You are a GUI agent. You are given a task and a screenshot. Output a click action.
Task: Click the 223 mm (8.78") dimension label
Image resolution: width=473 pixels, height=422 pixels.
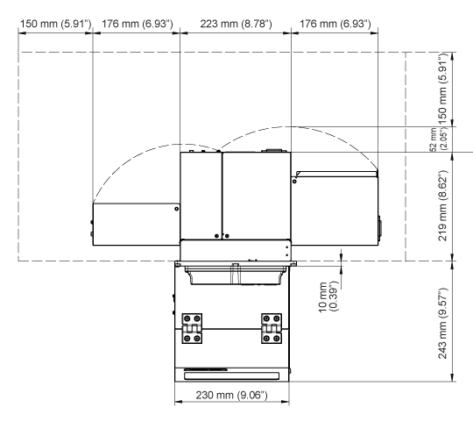(x=236, y=24)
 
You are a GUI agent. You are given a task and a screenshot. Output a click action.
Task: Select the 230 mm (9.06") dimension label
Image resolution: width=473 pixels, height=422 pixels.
(x=231, y=395)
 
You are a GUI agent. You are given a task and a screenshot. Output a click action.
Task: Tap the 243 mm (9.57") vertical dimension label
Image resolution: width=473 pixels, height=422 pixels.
(x=442, y=323)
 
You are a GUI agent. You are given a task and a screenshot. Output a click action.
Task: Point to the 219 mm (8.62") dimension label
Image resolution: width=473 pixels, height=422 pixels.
(x=442, y=205)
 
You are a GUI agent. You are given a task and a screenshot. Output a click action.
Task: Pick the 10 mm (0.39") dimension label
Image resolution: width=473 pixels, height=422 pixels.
(x=328, y=297)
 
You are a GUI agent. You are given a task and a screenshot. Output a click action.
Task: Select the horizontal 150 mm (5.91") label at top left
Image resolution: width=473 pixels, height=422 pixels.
(x=55, y=24)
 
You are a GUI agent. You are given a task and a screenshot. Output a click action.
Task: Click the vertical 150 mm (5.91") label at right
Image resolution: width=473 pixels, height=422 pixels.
(x=442, y=89)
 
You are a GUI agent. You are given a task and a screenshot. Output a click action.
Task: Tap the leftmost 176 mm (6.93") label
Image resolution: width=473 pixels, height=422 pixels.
(x=138, y=24)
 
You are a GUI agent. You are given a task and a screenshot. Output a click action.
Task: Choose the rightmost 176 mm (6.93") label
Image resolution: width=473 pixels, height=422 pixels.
(x=335, y=24)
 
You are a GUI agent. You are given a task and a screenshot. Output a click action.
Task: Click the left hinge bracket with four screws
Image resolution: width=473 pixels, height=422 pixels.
(x=192, y=328)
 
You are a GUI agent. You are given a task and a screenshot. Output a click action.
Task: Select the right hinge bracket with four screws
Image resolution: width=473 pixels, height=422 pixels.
(x=272, y=328)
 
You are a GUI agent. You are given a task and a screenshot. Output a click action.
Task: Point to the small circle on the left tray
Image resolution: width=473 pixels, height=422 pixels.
(x=176, y=209)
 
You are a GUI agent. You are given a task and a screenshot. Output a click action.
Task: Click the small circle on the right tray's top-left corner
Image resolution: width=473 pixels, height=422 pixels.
(x=294, y=182)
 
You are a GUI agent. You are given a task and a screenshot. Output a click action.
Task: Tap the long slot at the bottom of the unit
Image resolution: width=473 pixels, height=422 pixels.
(x=231, y=376)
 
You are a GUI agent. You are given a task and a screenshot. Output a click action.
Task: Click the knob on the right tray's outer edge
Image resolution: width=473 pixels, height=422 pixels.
(x=379, y=226)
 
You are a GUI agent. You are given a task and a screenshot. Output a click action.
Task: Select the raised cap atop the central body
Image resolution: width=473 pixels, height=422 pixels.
(x=272, y=150)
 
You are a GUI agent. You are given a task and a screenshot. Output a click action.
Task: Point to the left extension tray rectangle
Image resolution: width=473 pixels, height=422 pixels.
(x=137, y=224)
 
